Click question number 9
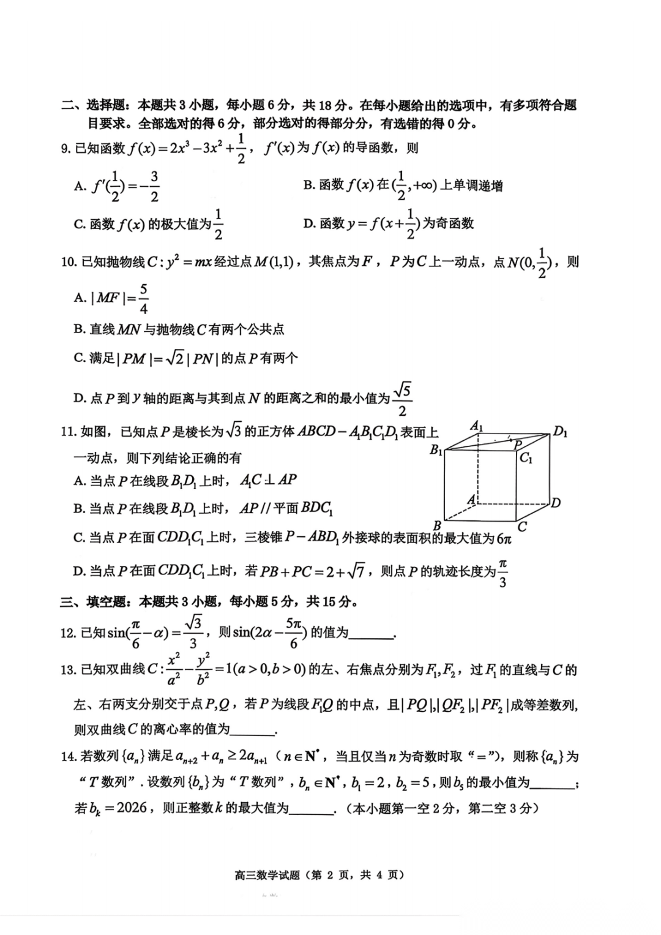click(67, 149)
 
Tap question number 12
click(68, 633)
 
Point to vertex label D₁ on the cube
click(560, 432)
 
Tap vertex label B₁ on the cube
click(436, 450)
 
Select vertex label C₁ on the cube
click(526, 457)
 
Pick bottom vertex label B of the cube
click(437, 525)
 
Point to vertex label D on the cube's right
click(555, 503)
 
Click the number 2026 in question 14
click(132, 808)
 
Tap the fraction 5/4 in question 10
click(144, 298)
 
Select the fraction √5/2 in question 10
click(402, 399)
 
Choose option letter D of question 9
click(308, 224)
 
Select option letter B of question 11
click(78, 509)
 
